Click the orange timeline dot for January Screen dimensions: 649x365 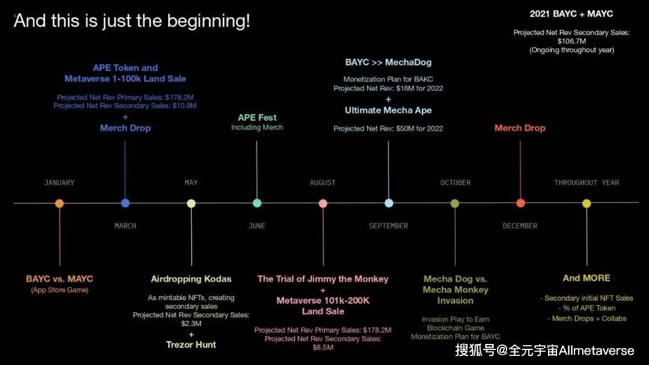[59, 204]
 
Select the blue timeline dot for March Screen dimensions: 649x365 [125, 203]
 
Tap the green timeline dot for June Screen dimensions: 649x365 [257, 203]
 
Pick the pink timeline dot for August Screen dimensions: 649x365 [323, 204]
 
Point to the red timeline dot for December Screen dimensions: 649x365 [520, 203]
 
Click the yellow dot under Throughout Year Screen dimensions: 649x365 [587, 204]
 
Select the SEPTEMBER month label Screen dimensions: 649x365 [388, 226]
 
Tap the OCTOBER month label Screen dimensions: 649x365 [456, 182]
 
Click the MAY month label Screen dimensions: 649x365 [191, 182]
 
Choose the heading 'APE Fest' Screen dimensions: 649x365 [257, 118]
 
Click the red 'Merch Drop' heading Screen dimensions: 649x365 [520, 128]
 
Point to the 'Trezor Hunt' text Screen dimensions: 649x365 [191, 345]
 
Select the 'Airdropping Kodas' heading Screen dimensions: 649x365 [191, 279]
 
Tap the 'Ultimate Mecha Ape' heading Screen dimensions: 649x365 [388, 110]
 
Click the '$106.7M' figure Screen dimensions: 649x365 [571, 41]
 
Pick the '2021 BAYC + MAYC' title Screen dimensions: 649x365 [571, 14]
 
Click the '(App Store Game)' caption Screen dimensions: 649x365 [59, 290]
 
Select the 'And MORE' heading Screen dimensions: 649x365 [587, 278]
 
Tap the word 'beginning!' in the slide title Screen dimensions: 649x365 [209, 21]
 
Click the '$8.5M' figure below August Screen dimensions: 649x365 [323, 347]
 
